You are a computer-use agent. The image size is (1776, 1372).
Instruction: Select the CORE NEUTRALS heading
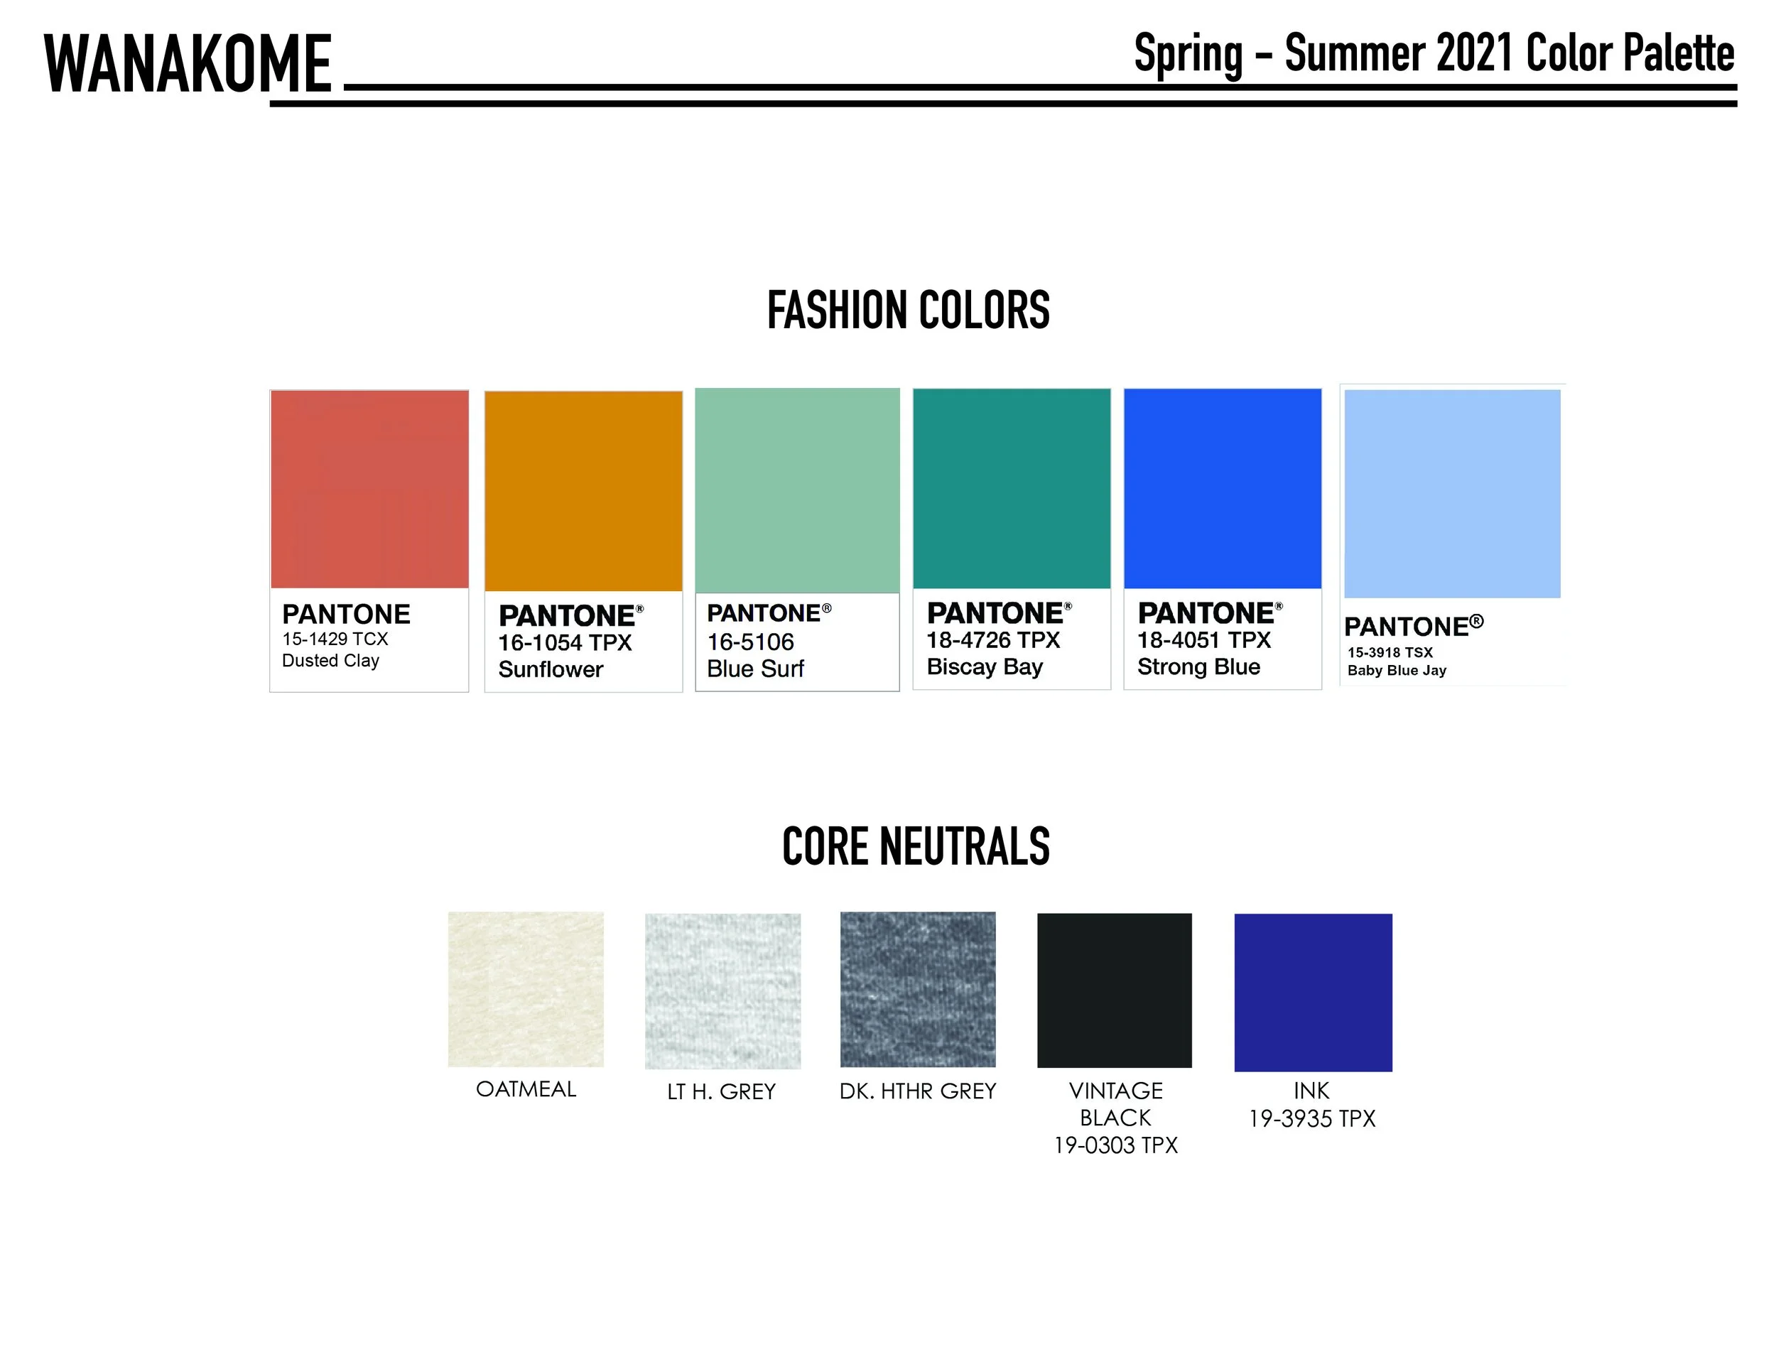coord(916,847)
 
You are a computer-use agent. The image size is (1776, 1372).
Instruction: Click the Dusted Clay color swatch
coord(369,489)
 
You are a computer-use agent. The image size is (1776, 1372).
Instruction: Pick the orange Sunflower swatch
coord(583,491)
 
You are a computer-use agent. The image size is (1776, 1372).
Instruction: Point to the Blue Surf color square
coord(797,490)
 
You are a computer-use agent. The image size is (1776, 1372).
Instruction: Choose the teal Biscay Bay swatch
coord(1011,489)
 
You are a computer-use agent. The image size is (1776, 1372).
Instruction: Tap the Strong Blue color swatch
coord(1222,489)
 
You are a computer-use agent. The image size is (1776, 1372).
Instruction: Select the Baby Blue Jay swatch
coord(1451,494)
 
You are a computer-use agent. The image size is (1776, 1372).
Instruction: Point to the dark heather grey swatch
coord(917,989)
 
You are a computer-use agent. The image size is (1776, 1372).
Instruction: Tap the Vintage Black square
coord(1114,990)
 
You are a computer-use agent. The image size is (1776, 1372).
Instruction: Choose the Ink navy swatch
coord(1313,992)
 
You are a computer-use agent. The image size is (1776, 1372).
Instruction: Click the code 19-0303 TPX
coord(1116,1146)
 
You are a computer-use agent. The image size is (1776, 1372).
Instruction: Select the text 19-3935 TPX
coord(1311,1119)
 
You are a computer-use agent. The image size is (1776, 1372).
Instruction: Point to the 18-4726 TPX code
coord(993,640)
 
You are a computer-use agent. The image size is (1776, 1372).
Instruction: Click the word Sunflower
coord(551,669)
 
